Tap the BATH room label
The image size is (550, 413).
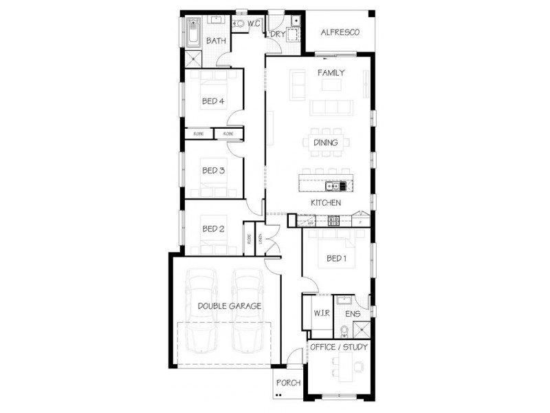tap(216, 41)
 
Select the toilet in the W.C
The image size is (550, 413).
tap(239, 24)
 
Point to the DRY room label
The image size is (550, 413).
tap(277, 34)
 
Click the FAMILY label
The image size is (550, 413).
tap(331, 73)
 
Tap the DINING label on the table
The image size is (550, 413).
tap(326, 143)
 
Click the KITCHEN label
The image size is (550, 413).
tap(326, 203)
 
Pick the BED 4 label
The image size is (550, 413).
tap(213, 101)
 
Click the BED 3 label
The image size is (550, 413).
tap(213, 169)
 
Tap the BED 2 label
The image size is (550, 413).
tap(213, 229)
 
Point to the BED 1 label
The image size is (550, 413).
tap(336, 259)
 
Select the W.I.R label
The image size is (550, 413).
tap(321, 314)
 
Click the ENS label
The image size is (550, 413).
tap(353, 314)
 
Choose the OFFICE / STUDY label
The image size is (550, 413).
tap(339, 347)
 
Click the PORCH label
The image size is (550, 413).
tap(288, 383)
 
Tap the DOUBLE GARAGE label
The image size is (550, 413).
tap(229, 306)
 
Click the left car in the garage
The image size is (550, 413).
tap(202, 310)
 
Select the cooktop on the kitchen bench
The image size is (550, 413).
tap(334, 220)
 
